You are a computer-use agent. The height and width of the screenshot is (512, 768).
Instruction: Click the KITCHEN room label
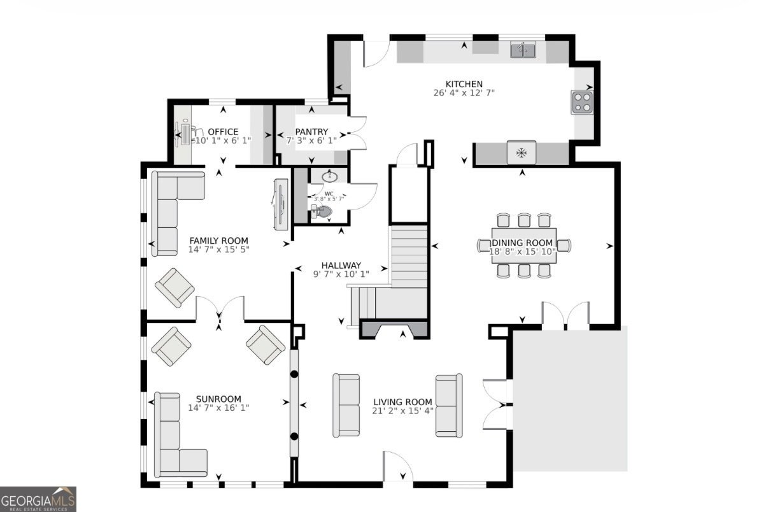[x=464, y=84]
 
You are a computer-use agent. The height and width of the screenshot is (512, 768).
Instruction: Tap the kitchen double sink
[x=523, y=50]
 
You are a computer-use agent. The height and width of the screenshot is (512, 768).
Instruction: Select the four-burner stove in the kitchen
[x=581, y=102]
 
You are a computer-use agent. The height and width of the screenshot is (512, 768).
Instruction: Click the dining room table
[x=524, y=245]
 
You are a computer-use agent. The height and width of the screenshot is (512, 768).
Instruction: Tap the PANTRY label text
[x=311, y=132]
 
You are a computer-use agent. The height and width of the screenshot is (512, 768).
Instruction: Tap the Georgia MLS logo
[x=38, y=499]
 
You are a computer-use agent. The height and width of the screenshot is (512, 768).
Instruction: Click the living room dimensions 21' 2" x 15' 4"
[x=402, y=411]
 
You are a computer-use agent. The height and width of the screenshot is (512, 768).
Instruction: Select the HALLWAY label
[x=341, y=266]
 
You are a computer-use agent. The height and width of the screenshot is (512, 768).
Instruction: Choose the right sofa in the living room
[x=448, y=405]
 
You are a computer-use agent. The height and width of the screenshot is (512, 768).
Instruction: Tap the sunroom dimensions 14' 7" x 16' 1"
[x=218, y=408]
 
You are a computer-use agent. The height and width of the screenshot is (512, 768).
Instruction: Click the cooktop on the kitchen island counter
[x=521, y=152]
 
